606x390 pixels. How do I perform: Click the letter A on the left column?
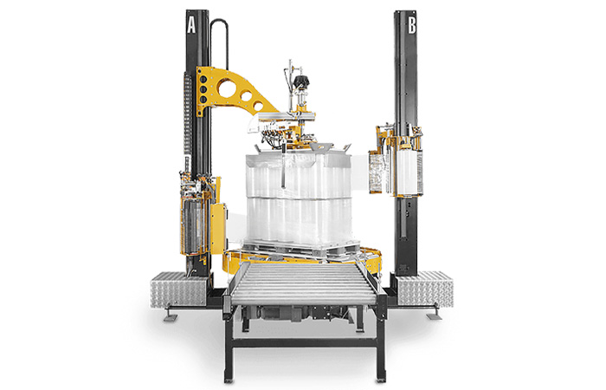pos(191,24)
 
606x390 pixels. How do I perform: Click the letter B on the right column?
pos(412,25)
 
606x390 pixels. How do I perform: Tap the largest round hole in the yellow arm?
pos(225,88)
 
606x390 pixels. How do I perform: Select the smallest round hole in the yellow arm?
pos(257,104)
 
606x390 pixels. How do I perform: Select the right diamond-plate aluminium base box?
pos(425,289)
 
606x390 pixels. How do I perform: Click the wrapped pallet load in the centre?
pos(299,198)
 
